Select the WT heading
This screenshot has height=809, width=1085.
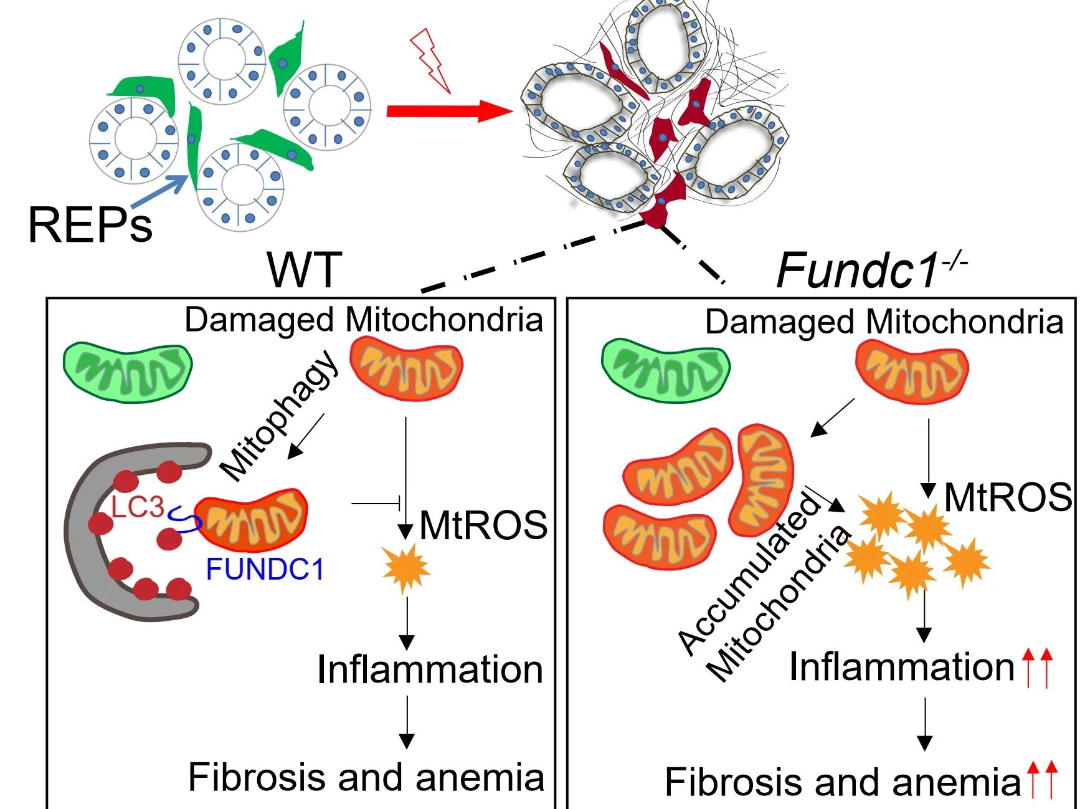(305, 270)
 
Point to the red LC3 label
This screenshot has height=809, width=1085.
(138, 507)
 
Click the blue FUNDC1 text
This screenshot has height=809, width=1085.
(265, 569)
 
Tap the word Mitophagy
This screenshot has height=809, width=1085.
(280, 416)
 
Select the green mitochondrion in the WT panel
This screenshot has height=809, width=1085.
(128, 372)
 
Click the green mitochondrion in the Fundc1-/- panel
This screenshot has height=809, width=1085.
(665, 370)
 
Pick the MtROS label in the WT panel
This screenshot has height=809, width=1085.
(483, 525)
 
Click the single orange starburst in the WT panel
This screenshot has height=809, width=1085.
(407, 568)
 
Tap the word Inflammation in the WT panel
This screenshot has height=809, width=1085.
(430, 669)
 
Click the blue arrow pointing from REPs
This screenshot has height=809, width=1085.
(159, 190)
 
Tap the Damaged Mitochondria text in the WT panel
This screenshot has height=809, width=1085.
(364, 320)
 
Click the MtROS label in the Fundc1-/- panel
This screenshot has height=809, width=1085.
(1008, 497)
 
